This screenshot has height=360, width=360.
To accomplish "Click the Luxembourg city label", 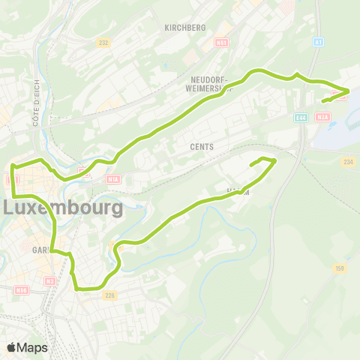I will tap(64, 207).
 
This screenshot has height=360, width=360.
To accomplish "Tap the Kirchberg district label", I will tap(184, 27).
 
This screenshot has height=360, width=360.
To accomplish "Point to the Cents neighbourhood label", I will tap(202, 147).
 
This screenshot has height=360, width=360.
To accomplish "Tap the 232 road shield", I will tap(103, 43).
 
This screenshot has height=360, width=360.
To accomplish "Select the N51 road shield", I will tap(220, 43).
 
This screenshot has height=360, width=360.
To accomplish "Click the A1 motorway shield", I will tap(319, 43).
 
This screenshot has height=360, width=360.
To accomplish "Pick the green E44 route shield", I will tap(301, 117).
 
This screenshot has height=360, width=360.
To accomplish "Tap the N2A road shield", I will tap(323, 117).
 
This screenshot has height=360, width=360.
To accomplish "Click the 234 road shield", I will tap(347, 161).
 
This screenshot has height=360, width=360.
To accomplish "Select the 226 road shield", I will tap(111, 295).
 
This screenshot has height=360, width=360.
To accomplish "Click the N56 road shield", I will tap(21, 289).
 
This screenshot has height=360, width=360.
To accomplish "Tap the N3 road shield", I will tap(50, 280).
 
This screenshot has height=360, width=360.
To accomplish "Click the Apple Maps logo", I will tap(27, 347).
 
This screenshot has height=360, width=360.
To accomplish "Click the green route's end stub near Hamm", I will tap(251, 163).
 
